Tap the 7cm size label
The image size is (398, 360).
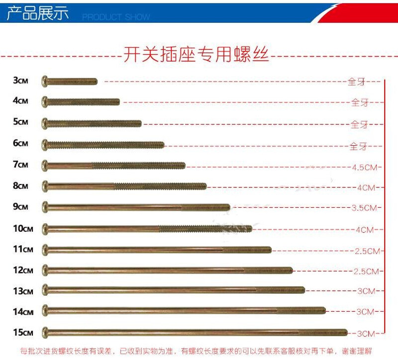21,165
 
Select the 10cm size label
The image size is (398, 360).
23,229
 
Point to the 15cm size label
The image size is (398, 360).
23,332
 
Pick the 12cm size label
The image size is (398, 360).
23,270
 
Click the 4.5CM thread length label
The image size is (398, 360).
365,167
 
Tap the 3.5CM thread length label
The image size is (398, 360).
365,208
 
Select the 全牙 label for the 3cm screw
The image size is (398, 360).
357,82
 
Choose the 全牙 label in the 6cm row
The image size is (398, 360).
358,146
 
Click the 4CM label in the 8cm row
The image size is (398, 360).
367,187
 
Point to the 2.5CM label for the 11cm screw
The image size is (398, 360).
367,251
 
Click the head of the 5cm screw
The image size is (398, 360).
45,122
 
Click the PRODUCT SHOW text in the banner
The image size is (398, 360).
116,17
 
